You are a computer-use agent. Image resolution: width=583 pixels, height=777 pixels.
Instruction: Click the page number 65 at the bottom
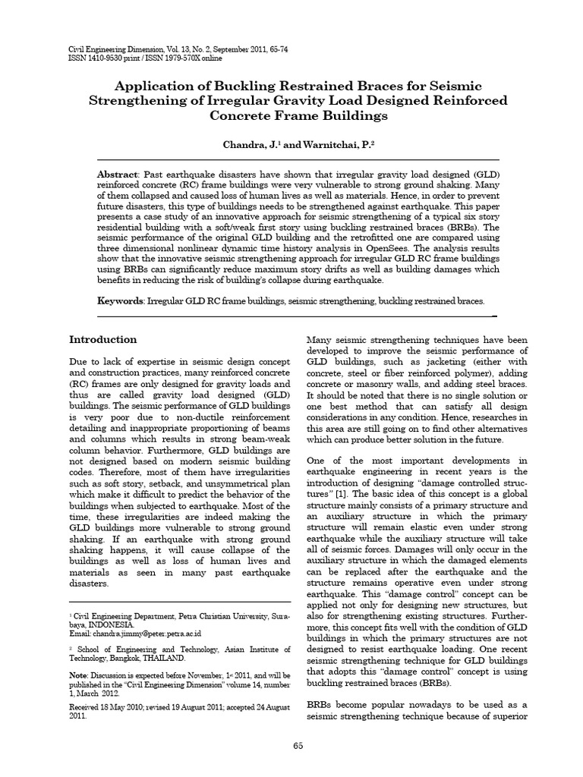pyautogui.click(x=298, y=746)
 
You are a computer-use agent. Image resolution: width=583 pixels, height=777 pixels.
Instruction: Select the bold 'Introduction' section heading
pyautogui.click(x=103, y=339)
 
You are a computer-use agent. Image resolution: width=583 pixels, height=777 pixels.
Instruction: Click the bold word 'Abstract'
pyautogui.click(x=121, y=174)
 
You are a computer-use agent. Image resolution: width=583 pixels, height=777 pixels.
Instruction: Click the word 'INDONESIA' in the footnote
pyautogui.click(x=114, y=623)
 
